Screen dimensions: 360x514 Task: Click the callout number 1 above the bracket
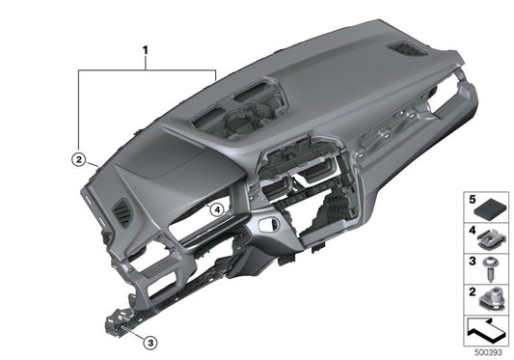(147, 48)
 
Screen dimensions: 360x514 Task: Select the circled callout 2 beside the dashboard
(78, 155)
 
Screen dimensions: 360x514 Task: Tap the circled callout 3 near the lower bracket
(149, 341)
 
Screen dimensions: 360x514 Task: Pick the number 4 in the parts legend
(473, 232)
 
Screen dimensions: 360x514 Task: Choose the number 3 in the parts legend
(473, 261)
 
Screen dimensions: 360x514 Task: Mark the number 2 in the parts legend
(473, 290)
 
